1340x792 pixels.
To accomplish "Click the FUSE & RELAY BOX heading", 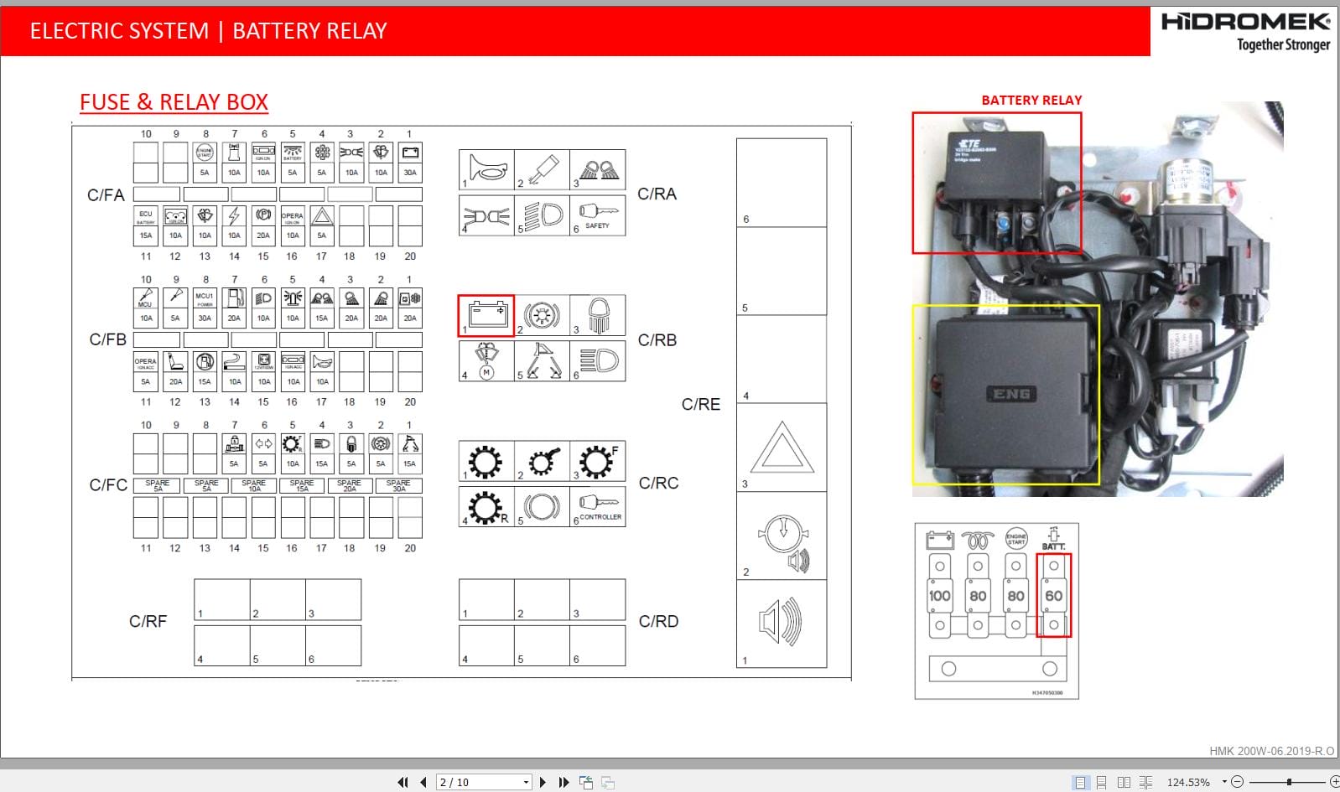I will pyautogui.click(x=174, y=102).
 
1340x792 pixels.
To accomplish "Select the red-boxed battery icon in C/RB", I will pyautogui.click(x=486, y=316).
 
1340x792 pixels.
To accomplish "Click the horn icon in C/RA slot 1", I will pyautogui.click(x=487, y=169).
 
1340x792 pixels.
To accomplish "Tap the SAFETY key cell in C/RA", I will pyautogui.click(x=598, y=215).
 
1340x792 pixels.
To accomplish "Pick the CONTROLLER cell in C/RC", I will pyautogui.click(x=598, y=506).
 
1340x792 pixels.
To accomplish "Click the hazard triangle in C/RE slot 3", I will pyautogui.click(x=782, y=449).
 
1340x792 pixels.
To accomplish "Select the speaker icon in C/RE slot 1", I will pyautogui.click(x=781, y=622).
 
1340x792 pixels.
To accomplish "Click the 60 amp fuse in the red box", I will pyautogui.click(x=1053, y=596).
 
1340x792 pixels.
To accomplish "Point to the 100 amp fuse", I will pyautogui.click(x=939, y=596).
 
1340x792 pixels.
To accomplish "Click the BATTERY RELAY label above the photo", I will pyautogui.click(x=1031, y=100).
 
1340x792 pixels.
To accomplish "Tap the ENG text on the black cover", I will pyautogui.click(x=1011, y=394).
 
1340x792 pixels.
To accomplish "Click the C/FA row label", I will pyautogui.click(x=106, y=195).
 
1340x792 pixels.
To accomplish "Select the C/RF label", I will pyautogui.click(x=148, y=621).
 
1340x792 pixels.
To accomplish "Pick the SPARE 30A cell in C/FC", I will pyautogui.click(x=398, y=485).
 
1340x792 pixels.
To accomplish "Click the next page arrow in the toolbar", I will pyautogui.click(x=543, y=782).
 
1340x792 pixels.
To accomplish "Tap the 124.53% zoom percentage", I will pyautogui.click(x=1187, y=782).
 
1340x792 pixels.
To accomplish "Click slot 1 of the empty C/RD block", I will pyautogui.click(x=486, y=599).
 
